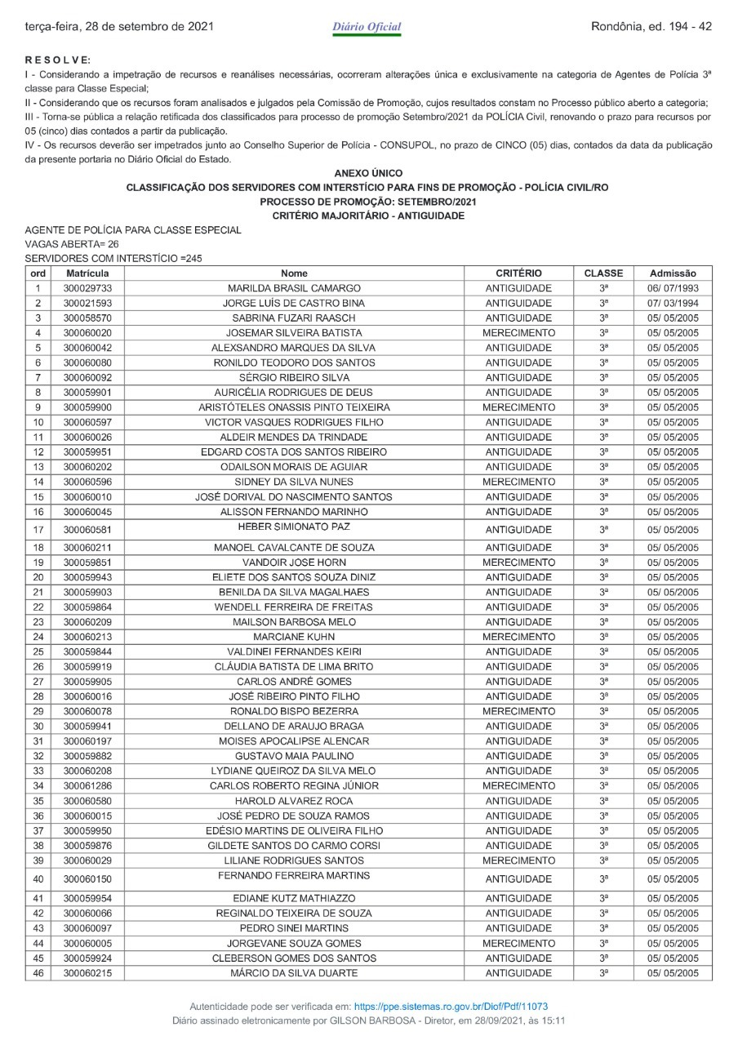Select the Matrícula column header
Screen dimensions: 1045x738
point(87,273)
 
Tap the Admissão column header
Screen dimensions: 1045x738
point(673,273)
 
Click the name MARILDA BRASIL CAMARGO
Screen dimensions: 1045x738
point(294,288)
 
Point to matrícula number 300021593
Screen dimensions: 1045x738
point(87,303)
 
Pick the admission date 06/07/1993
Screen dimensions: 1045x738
point(673,288)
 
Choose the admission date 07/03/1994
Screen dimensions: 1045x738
point(673,303)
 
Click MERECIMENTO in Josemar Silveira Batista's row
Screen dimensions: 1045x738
point(518,333)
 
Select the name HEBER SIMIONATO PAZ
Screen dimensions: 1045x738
point(294,526)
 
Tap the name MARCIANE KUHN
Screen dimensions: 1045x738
point(294,637)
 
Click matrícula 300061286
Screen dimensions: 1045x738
point(87,785)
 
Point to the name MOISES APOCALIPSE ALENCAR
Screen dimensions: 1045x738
point(294,741)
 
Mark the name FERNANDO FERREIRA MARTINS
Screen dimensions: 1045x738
point(294,875)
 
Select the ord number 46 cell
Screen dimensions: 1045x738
point(38,972)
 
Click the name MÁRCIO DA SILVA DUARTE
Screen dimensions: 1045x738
point(294,972)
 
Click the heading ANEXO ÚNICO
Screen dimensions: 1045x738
point(367,173)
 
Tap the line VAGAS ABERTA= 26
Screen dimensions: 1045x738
point(72,244)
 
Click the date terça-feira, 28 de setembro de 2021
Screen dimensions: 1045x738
point(119,27)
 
